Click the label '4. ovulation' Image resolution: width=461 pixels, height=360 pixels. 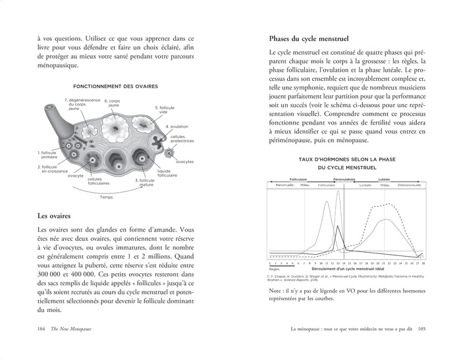[x=176, y=126]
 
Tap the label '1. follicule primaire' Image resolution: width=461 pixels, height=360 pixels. [x=49, y=154]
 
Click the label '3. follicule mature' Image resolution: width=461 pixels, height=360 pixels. [x=146, y=182]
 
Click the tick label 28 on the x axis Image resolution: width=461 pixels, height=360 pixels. [x=423, y=263]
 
